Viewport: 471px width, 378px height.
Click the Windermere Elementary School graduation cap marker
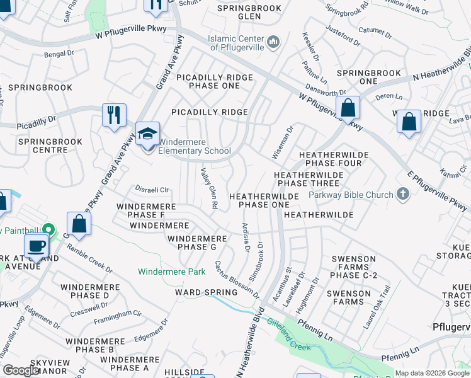[x=147, y=135]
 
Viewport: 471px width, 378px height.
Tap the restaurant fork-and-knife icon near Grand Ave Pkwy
[x=114, y=115]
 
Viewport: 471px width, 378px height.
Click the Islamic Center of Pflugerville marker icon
[x=273, y=42]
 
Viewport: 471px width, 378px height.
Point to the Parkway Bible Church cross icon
[x=403, y=195]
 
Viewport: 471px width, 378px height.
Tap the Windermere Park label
[x=172, y=272]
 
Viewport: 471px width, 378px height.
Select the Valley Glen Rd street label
[x=209, y=188]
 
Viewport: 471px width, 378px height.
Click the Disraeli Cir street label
[x=153, y=189]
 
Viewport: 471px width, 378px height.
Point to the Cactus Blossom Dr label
[x=237, y=280]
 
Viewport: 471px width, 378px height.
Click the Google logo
[x=20, y=370]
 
